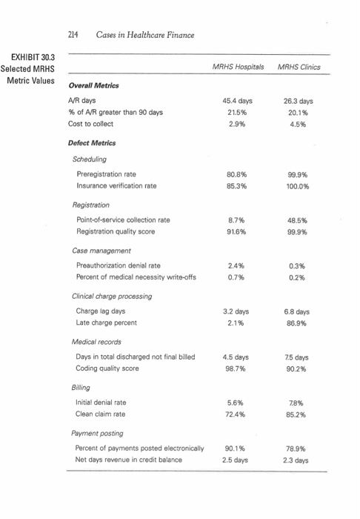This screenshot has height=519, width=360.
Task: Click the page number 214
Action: coord(73,34)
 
